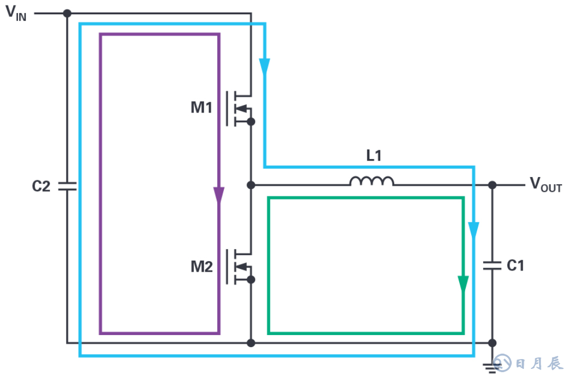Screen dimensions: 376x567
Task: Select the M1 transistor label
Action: (x=201, y=108)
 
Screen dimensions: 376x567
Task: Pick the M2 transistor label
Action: (x=201, y=267)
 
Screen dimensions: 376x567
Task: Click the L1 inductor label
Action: (x=374, y=156)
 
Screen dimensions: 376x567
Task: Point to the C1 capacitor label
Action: (x=516, y=266)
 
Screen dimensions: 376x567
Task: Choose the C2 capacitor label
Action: (x=41, y=186)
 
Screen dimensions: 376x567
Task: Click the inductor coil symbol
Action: (x=372, y=181)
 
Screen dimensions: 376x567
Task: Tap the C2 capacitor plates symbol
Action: (x=67, y=186)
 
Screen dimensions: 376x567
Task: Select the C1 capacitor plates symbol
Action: (x=492, y=266)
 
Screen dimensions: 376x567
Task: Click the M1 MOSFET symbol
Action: (x=240, y=107)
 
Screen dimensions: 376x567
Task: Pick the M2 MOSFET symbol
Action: (x=240, y=267)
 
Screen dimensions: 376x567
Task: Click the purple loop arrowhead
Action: (x=219, y=195)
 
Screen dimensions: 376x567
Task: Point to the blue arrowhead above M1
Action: (x=265, y=67)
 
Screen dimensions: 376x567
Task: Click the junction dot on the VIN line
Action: (x=67, y=13)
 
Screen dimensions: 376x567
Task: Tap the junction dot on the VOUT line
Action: (x=492, y=185)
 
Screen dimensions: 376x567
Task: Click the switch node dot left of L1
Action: (x=251, y=185)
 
